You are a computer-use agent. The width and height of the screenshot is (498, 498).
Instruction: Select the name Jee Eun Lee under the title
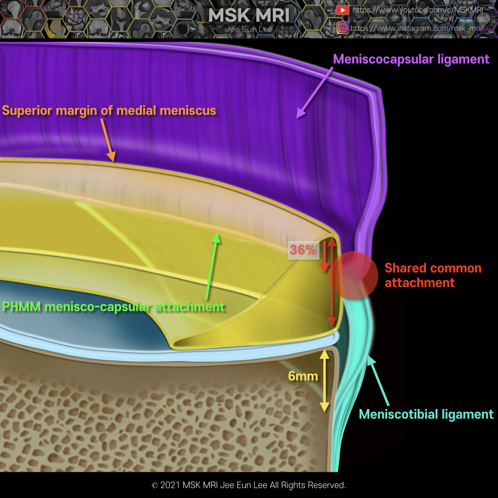tap(249, 29)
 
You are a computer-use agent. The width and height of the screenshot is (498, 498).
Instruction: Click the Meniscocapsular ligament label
tap(411, 59)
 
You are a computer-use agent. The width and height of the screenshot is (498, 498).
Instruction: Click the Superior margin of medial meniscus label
tap(109, 110)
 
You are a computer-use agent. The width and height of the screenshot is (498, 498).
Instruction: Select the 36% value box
tap(303, 250)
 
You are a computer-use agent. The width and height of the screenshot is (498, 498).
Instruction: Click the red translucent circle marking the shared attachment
tap(355, 275)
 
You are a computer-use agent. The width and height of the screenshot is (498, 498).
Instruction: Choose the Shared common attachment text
tap(433, 275)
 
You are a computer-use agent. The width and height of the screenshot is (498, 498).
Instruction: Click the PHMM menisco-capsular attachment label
tap(113, 307)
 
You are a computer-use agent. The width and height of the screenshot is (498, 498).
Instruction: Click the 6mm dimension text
tap(302, 376)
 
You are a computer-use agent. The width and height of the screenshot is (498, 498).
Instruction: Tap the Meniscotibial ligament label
tap(426, 414)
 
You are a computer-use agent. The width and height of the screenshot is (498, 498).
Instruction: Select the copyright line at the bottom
tap(249, 485)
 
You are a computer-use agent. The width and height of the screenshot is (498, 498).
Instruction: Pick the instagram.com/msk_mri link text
tap(416, 28)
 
